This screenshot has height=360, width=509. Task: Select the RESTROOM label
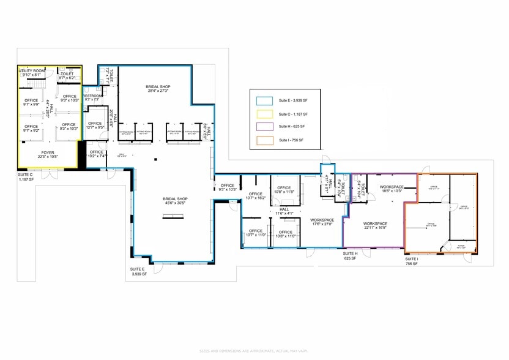pos(92,97)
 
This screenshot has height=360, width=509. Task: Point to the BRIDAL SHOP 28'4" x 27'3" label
pos(157,89)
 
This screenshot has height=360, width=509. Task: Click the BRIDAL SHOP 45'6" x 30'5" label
pos(175,201)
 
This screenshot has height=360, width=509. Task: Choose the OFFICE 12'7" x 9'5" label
pos(94,126)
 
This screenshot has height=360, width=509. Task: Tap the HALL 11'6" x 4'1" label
pos(284,211)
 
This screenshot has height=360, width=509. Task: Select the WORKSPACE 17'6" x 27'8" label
pos(322,222)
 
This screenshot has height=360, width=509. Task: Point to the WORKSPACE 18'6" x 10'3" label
pos(392,189)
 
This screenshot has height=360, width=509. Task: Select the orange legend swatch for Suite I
pos(265,140)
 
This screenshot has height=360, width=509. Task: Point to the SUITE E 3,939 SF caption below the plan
pos(138,271)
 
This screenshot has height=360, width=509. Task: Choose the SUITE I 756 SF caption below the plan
pos(411,261)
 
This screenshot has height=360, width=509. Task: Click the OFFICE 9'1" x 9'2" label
pos(31,129)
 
